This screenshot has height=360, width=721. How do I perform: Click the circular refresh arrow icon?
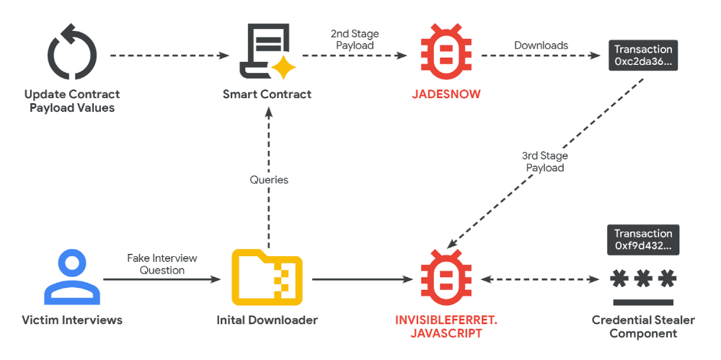[x=71, y=55]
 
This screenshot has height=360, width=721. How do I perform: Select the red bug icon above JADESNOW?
[x=445, y=53]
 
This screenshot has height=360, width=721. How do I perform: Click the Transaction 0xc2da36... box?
[x=643, y=56]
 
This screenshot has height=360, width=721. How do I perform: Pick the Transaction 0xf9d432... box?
[x=643, y=240]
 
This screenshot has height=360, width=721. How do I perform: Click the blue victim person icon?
[x=71, y=278]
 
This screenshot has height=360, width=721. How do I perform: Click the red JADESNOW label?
[x=446, y=95]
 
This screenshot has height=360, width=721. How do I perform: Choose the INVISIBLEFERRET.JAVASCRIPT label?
[x=445, y=326]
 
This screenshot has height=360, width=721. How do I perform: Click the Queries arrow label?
[x=269, y=180]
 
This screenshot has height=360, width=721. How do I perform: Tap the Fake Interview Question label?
[x=162, y=264]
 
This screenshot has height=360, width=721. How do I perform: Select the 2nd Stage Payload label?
[x=355, y=40]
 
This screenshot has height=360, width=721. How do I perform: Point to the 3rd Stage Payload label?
[x=544, y=162]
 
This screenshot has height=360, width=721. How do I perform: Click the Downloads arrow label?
[x=541, y=45]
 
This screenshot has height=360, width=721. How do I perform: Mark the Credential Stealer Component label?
[x=643, y=326]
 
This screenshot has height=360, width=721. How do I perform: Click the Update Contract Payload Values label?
[x=72, y=101]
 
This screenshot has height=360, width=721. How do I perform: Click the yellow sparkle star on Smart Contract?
[x=283, y=68]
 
